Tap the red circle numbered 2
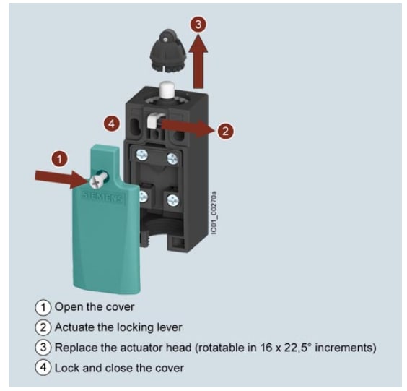point(225,131)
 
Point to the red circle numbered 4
point(111,124)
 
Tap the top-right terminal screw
point(172,159)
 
